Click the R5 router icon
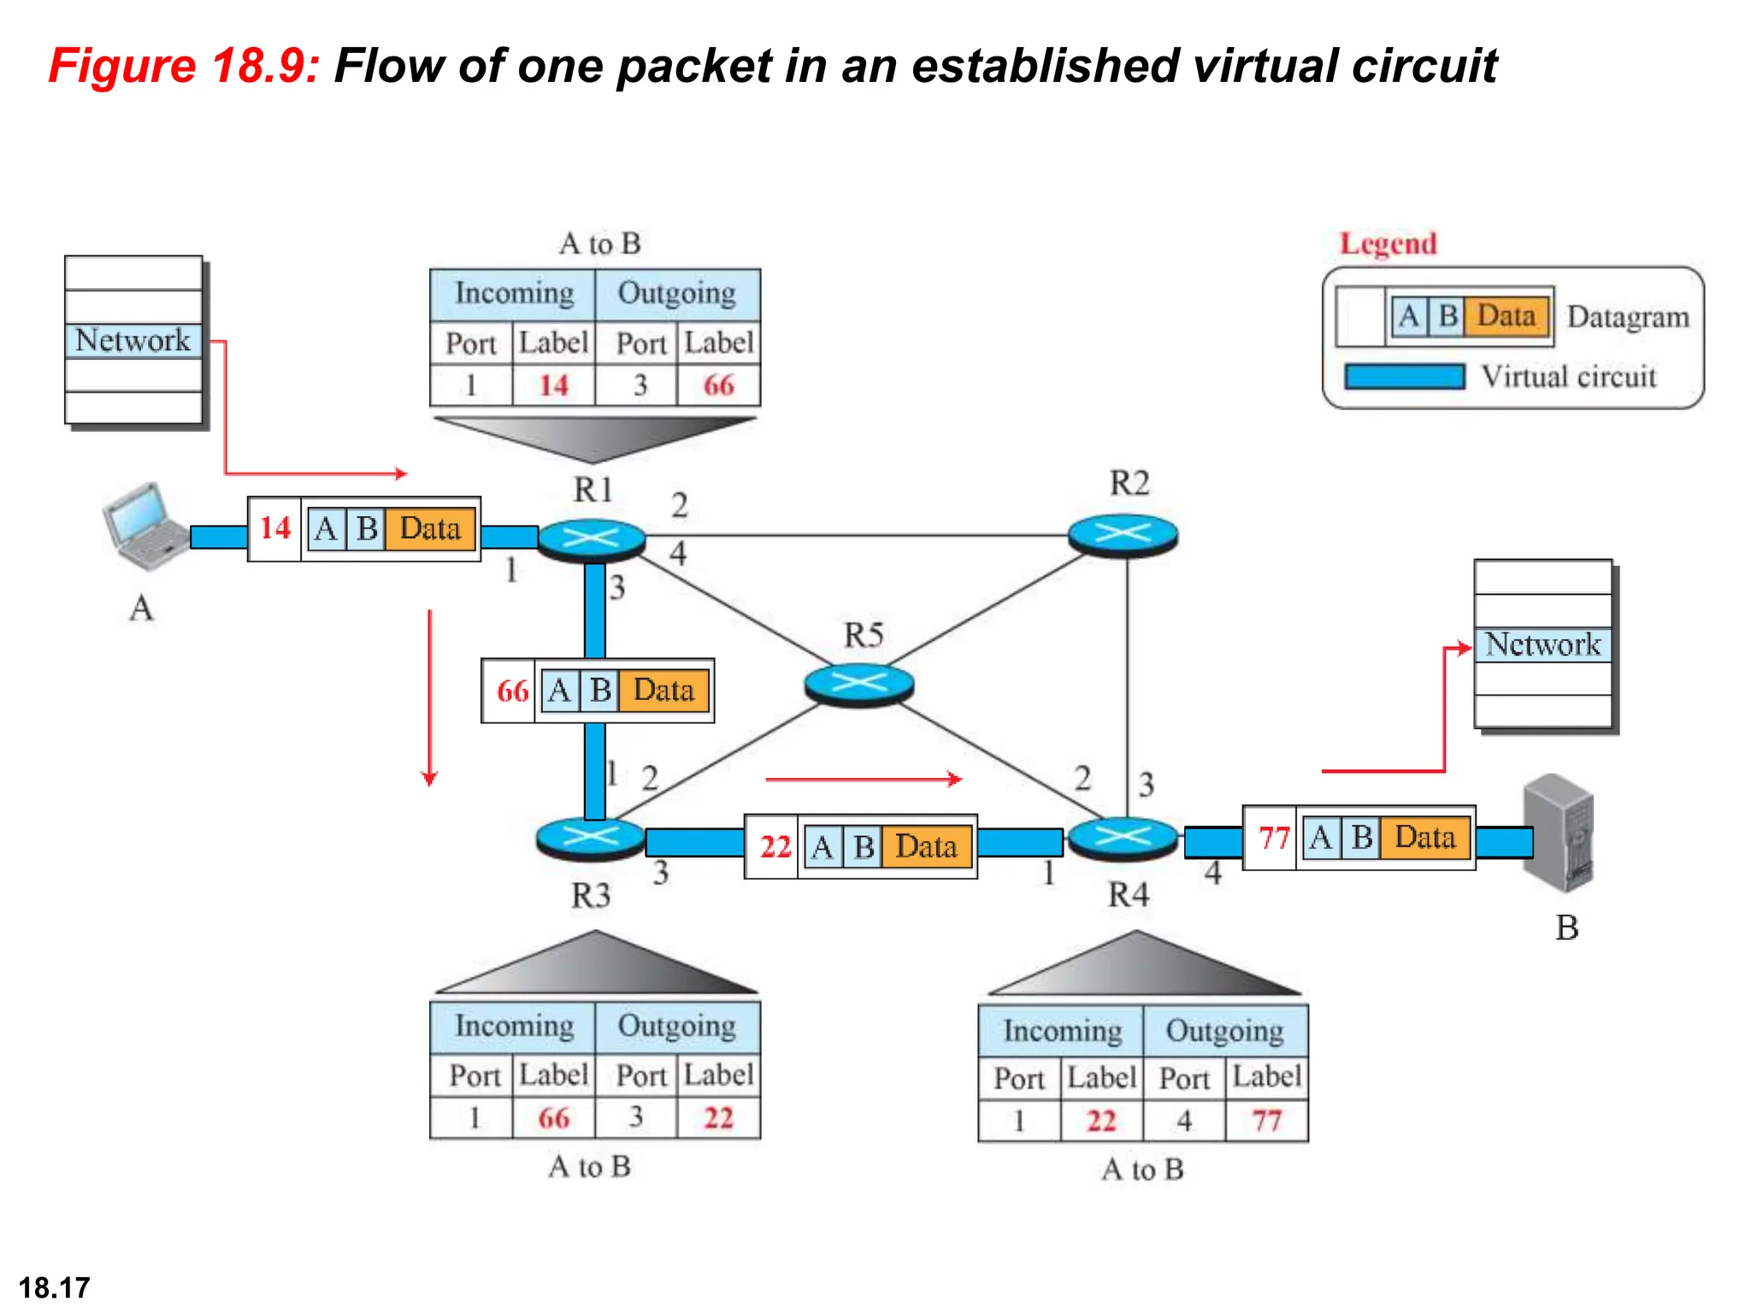click(x=859, y=684)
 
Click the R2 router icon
click(x=1123, y=535)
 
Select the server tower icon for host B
click(x=1559, y=833)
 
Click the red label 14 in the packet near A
click(x=275, y=528)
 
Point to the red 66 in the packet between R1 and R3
click(x=511, y=691)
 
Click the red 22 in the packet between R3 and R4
click(x=775, y=847)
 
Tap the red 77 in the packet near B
click(x=1273, y=838)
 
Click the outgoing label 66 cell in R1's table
click(x=718, y=386)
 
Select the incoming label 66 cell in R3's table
click(x=553, y=1118)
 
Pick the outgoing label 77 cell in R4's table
click(x=1266, y=1121)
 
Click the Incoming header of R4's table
click(x=1062, y=1031)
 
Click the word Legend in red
click(x=1388, y=244)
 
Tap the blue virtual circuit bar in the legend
click(x=1404, y=377)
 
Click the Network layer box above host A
click(x=133, y=340)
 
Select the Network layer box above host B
click(x=1542, y=645)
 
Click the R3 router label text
click(x=591, y=896)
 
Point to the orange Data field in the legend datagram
click(x=1506, y=316)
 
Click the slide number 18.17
click(x=54, y=1287)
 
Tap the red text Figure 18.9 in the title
click(x=184, y=66)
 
